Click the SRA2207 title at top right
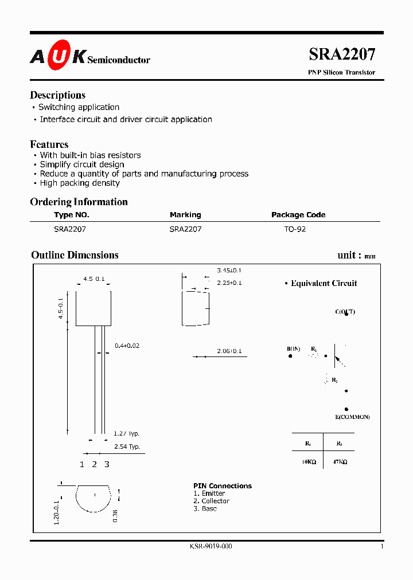point(342,54)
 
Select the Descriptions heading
point(57,95)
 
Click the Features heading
point(49,144)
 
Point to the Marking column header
point(185,215)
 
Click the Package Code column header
point(298,215)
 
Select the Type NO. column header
point(72,215)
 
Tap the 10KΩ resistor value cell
point(308,461)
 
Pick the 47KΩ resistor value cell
point(339,461)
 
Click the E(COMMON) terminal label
point(353,417)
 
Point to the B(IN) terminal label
point(293,348)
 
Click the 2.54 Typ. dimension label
point(127,446)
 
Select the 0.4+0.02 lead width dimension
point(127,346)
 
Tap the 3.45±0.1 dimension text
point(229,270)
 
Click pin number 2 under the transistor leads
point(94,464)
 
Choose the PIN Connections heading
point(223,486)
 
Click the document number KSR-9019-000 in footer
point(211,547)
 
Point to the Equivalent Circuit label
point(324,283)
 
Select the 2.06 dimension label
point(229,351)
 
